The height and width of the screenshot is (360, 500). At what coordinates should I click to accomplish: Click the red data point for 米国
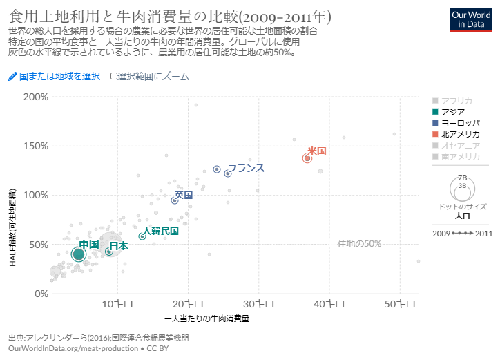[307, 158]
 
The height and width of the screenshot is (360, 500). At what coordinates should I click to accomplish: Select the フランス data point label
[246, 168]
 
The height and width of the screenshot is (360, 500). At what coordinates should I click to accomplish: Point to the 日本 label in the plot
[118, 245]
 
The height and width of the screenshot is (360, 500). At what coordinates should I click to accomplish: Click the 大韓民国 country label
[160, 231]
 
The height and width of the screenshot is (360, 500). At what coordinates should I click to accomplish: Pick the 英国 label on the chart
[183, 196]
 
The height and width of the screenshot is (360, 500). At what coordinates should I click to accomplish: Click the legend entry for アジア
[452, 111]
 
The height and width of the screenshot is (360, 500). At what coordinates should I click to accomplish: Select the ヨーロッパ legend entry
[460, 122]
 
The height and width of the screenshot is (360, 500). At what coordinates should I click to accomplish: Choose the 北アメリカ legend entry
[460, 133]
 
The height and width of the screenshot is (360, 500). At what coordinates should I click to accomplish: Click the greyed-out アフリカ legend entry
[456, 100]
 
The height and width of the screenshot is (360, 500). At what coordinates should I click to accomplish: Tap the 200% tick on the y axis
[35, 97]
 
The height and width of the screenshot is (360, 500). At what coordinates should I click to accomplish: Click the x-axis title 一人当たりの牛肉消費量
[207, 319]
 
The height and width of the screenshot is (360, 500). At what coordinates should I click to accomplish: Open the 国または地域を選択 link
[55, 76]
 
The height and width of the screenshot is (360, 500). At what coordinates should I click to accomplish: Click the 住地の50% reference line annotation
[359, 243]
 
